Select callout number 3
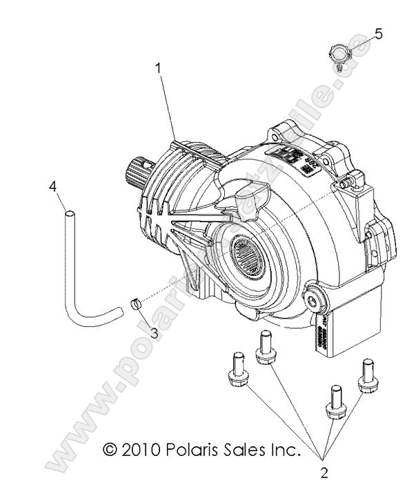(155, 333)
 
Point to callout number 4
(52, 187)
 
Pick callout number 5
(378, 33)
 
